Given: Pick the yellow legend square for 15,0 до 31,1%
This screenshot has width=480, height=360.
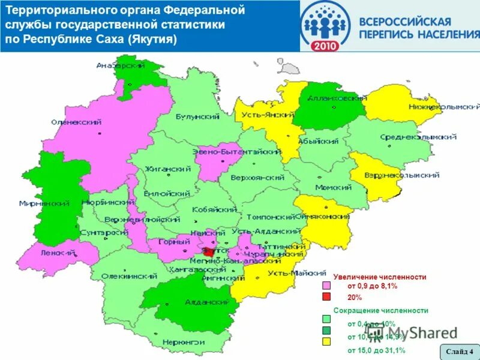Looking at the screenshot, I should coord(326,341).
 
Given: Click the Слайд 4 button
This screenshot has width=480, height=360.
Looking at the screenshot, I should coord(459,351).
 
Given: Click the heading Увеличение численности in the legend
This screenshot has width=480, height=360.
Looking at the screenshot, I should coord(379,277).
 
